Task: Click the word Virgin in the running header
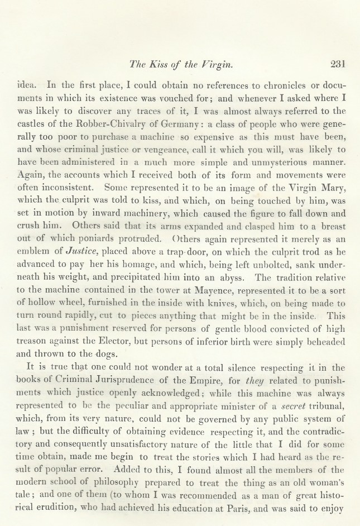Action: [216, 64]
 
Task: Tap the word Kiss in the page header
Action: [160, 64]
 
